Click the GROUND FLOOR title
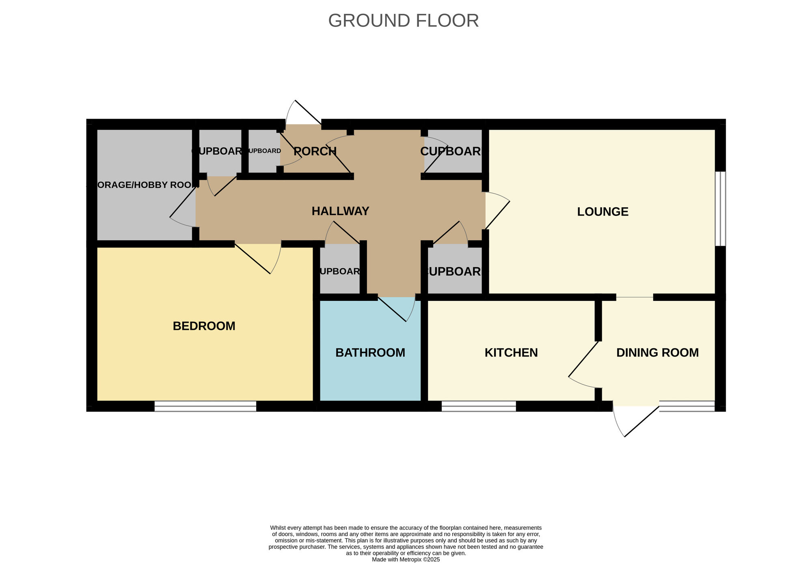403,21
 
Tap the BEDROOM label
204,326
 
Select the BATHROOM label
370,352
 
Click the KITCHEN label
511,352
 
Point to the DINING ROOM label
657,352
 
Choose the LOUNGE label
603,212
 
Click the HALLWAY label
340,211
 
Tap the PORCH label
315,151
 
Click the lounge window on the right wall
720,209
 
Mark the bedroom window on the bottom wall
205,406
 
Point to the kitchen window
478,406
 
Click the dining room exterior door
635,421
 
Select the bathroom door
396,309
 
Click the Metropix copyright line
406,559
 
